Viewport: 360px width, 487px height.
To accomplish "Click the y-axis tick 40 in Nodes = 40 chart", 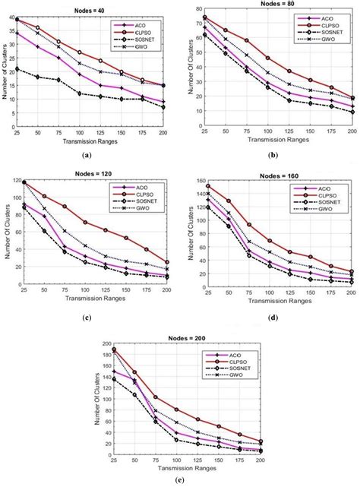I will click(x=11, y=18).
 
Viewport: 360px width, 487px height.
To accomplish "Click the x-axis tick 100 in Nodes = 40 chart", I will click(x=79, y=133).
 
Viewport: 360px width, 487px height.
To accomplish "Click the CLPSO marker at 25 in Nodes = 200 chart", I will click(x=114, y=349).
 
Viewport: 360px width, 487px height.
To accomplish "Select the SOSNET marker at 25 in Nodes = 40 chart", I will click(x=17, y=69).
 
